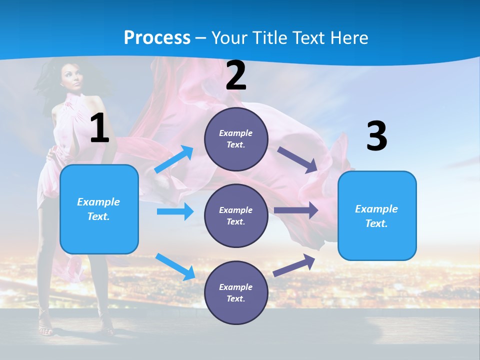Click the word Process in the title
(x=157, y=38)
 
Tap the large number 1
(x=99, y=128)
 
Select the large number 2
(x=236, y=75)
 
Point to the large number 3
(x=376, y=136)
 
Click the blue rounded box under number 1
(x=99, y=209)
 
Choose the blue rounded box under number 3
(x=377, y=215)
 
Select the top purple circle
(x=236, y=139)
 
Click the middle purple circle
(x=236, y=215)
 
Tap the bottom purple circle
(x=236, y=292)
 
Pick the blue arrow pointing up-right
(x=174, y=159)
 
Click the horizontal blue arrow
(x=175, y=211)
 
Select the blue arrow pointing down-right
(x=175, y=266)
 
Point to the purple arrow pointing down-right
(x=298, y=159)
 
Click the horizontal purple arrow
(x=296, y=210)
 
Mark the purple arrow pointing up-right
(x=294, y=265)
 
